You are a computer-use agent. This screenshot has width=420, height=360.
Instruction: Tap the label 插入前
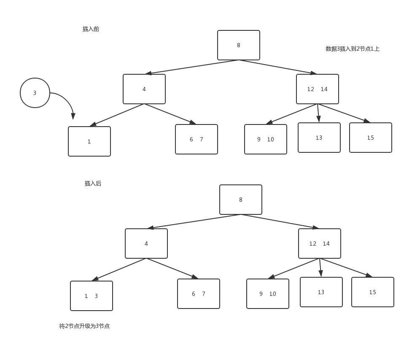(x=91, y=29)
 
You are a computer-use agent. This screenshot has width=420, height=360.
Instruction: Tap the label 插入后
(x=93, y=183)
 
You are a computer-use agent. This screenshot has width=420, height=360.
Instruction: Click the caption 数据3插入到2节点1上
(x=353, y=49)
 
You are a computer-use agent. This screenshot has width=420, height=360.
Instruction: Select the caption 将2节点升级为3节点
(x=84, y=326)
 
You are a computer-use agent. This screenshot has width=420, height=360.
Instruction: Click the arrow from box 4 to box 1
(x=117, y=115)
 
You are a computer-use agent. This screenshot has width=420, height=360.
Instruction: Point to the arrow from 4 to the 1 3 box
(x=119, y=269)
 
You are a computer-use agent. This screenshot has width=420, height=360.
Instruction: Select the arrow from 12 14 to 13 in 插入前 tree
(x=318, y=113)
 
